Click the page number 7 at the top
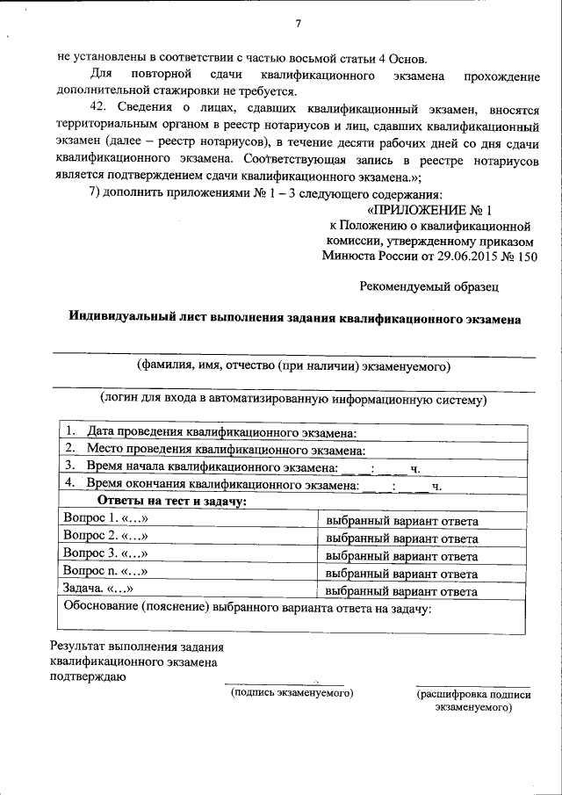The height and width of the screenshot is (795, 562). click(298, 23)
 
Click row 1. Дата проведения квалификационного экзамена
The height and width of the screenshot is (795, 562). click(211, 434)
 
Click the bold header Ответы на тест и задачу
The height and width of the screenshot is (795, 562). click(172, 502)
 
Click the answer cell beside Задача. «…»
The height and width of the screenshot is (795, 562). click(401, 589)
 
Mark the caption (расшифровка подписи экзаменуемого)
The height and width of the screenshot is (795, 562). click(473, 700)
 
